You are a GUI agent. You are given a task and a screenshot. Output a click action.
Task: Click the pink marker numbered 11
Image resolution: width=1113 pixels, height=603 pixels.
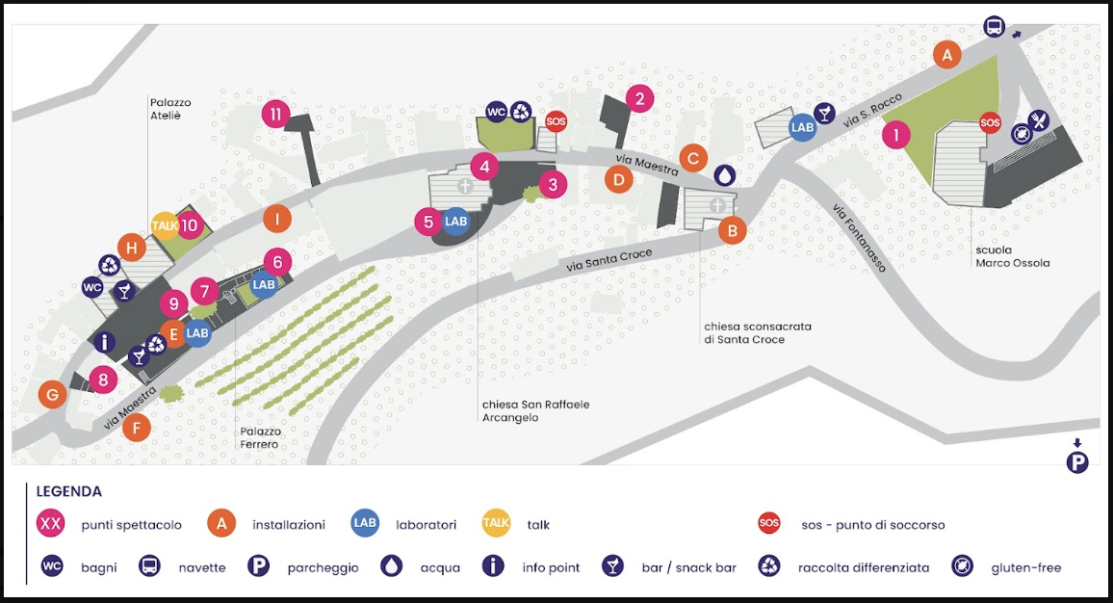click(x=275, y=114)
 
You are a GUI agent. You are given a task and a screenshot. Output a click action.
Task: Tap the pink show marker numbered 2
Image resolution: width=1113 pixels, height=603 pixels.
click(x=639, y=98)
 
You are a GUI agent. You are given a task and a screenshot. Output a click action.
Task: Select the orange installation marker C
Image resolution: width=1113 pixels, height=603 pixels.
click(x=693, y=158)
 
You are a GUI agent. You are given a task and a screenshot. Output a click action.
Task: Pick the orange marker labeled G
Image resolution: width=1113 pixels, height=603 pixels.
click(x=53, y=394)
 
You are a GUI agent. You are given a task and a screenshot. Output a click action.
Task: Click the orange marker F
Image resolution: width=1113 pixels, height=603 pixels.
click(x=137, y=429)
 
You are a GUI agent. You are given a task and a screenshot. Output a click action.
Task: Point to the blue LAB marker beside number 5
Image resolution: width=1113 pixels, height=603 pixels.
click(x=455, y=222)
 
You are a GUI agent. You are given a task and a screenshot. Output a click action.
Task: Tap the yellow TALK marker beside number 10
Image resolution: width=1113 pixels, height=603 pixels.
click(x=165, y=225)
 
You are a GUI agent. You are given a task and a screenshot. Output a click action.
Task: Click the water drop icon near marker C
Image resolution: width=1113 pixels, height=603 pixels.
click(x=725, y=174)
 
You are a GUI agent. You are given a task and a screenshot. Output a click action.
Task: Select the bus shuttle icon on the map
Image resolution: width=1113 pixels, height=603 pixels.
click(x=995, y=27)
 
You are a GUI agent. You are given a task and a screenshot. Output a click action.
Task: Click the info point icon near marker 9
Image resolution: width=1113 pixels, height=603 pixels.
click(x=104, y=342)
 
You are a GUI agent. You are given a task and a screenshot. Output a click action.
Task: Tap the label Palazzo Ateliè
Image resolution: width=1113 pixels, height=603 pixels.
click(x=170, y=109)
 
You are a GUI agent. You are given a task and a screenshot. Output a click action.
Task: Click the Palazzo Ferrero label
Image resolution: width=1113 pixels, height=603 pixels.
click(x=260, y=437)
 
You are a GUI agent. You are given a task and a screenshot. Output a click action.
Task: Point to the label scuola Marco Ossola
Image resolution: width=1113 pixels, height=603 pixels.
click(x=1012, y=256)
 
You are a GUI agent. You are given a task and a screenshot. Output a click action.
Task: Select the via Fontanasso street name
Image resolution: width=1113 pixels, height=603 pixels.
click(x=860, y=238)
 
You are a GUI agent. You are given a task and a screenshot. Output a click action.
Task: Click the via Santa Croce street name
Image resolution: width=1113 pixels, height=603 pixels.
click(x=609, y=261)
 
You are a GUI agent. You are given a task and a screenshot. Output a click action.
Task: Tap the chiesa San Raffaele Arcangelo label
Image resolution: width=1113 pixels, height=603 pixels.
click(x=536, y=411)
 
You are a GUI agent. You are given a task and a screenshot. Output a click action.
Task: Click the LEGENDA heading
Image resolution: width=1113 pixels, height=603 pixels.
click(x=69, y=491)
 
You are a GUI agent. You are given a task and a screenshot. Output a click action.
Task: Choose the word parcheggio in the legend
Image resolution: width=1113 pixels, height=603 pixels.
click(x=323, y=567)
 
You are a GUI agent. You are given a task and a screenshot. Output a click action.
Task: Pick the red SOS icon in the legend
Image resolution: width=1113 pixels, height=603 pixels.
click(x=768, y=523)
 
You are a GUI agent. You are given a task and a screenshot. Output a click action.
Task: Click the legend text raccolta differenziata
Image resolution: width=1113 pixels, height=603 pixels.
click(x=863, y=567)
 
